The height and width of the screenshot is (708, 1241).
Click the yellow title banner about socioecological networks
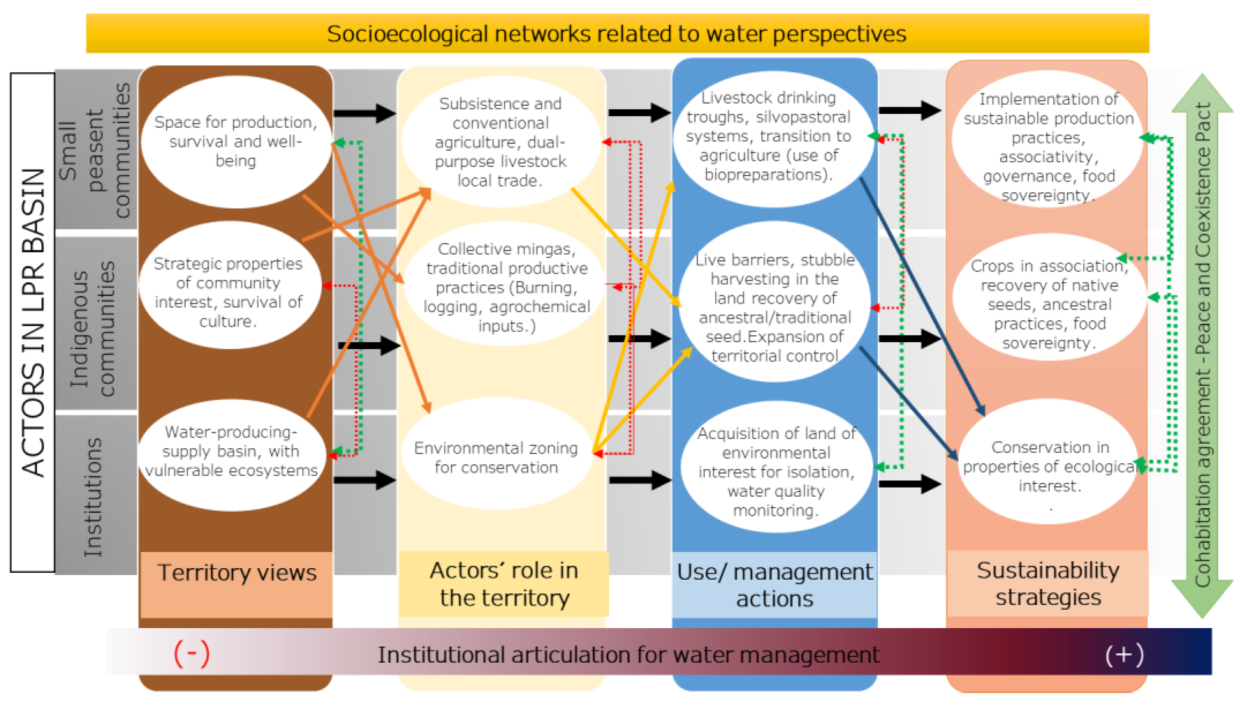(x=616, y=33)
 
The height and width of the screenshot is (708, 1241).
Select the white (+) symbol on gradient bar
(x=1124, y=655)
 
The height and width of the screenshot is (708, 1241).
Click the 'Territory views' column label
(x=236, y=573)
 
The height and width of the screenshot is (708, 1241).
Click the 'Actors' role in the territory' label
(x=504, y=584)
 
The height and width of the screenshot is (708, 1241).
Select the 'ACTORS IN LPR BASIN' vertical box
(x=33, y=322)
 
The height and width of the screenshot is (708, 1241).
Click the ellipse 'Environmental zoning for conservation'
(x=496, y=457)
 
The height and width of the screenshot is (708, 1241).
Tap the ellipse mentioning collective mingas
(x=505, y=287)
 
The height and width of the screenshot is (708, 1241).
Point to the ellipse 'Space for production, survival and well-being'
(x=235, y=141)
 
